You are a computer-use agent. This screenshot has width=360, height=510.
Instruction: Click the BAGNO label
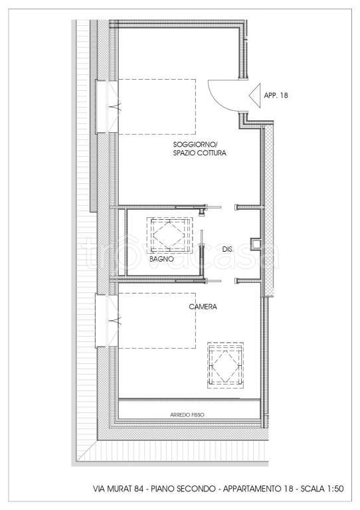coord(161,260)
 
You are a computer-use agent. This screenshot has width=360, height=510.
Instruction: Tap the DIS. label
coord(228,249)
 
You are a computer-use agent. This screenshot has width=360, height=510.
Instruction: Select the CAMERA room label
coord(203,307)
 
